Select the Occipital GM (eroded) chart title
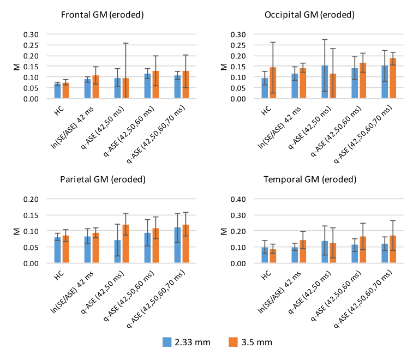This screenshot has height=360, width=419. pos(309,15)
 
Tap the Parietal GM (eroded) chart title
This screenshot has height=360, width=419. pos(103,179)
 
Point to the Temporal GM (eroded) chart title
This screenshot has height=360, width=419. pos(310,179)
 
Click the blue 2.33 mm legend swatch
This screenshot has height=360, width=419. pos(167,342)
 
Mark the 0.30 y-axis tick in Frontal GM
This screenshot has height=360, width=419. pos(32,34)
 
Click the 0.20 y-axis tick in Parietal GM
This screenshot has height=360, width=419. pos(32,199)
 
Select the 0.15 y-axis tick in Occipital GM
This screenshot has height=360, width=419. pos(239,67)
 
